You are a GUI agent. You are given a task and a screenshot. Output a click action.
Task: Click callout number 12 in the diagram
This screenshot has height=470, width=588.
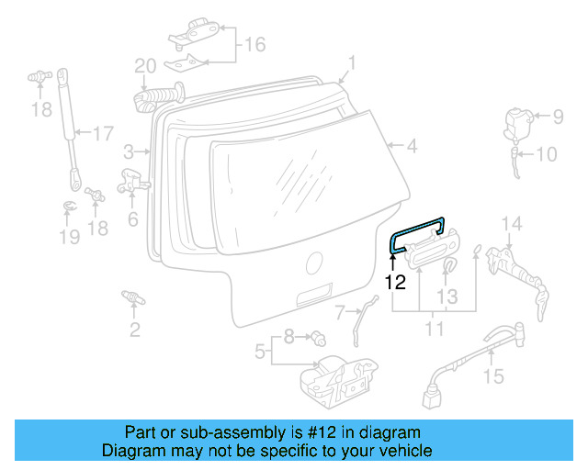[x=395, y=284]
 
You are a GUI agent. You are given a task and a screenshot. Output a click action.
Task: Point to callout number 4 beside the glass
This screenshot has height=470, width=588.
[x=412, y=145]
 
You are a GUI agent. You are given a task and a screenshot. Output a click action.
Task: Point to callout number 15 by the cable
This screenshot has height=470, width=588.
[x=493, y=375]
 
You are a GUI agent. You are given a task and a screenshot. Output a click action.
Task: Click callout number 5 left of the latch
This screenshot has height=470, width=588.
[x=260, y=350]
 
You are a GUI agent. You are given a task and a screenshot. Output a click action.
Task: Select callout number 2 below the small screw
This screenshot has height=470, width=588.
[x=134, y=330]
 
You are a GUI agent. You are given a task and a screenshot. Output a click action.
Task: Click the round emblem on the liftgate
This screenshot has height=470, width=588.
[x=314, y=262]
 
